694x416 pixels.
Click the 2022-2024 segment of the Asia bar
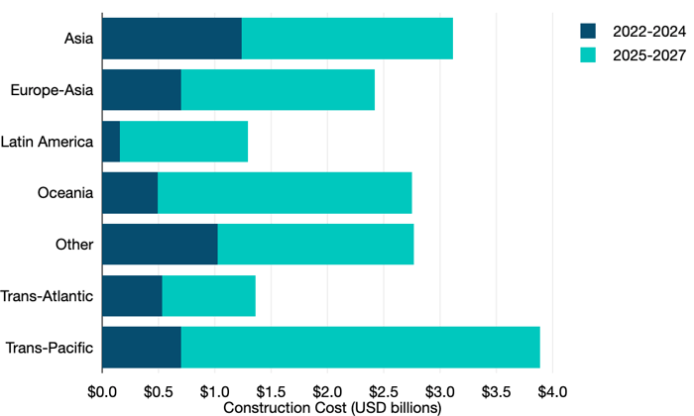[x=172, y=39]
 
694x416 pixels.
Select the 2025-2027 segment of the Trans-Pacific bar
[x=360, y=348]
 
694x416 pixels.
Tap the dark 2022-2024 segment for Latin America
[x=111, y=142]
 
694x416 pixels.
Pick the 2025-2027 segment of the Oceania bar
[x=285, y=193]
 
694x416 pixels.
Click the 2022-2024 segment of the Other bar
[x=160, y=245]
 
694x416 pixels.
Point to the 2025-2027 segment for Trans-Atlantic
[x=208, y=296]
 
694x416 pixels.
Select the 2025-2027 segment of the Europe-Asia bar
[x=278, y=90]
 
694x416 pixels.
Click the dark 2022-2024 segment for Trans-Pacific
[x=142, y=348]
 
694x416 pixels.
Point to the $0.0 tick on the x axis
[x=102, y=390]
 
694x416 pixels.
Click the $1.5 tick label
[x=271, y=390]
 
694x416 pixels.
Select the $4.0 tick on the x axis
[x=552, y=390]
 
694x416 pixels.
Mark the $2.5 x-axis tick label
[x=384, y=390]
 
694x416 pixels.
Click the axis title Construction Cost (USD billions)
[x=327, y=406]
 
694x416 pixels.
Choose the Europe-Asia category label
[x=52, y=90]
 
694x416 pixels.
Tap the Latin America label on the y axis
[x=48, y=142]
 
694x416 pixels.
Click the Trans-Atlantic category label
[x=48, y=296]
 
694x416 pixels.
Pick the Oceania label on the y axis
[x=65, y=193]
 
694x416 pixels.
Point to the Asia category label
[x=78, y=39]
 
